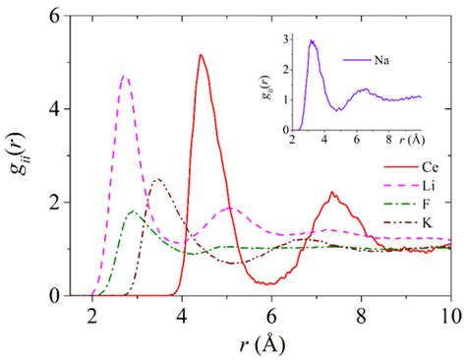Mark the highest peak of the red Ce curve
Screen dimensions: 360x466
click(201, 55)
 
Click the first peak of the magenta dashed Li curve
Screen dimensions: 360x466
click(125, 76)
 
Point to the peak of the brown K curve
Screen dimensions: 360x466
click(157, 179)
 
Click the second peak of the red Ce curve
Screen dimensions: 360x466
click(332, 193)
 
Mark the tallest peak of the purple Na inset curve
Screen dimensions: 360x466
click(312, 41)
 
